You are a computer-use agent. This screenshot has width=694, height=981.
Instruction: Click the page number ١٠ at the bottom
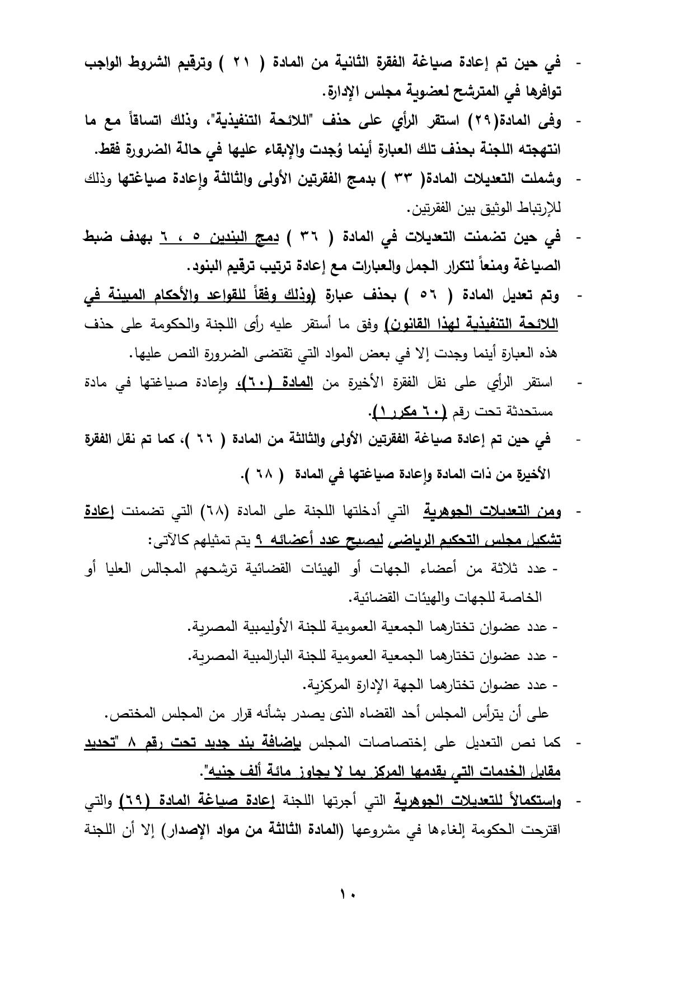[x=347, y=894]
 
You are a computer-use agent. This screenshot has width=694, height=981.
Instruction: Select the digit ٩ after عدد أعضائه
[x=259, y=540]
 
